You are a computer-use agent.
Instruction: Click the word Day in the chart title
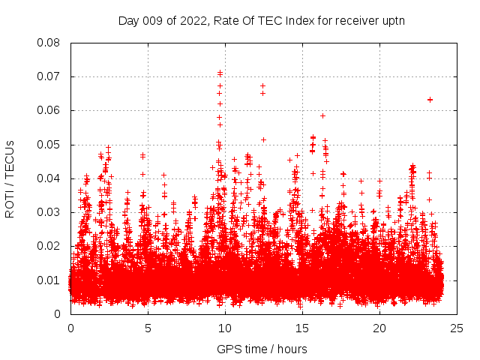[129, 20]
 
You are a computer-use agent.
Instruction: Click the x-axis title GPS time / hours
[262, 349]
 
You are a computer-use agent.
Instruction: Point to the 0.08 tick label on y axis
[50, 43]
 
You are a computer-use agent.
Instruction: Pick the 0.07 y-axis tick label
[50, 76]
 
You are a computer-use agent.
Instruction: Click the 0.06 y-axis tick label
[50, 110]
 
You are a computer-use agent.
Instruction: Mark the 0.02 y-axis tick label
[50, 246]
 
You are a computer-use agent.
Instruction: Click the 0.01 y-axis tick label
[50, 280]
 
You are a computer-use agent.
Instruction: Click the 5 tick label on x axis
[148, 328]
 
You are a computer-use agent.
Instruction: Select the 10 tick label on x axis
[225, 328]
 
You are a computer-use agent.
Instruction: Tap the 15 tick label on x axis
[302, 328]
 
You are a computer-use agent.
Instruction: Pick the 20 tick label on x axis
[379, 328]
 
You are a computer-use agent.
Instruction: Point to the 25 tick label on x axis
[457, 328]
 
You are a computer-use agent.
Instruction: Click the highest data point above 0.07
[220, 73]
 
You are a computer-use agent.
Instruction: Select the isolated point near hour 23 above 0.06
[430, 99]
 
